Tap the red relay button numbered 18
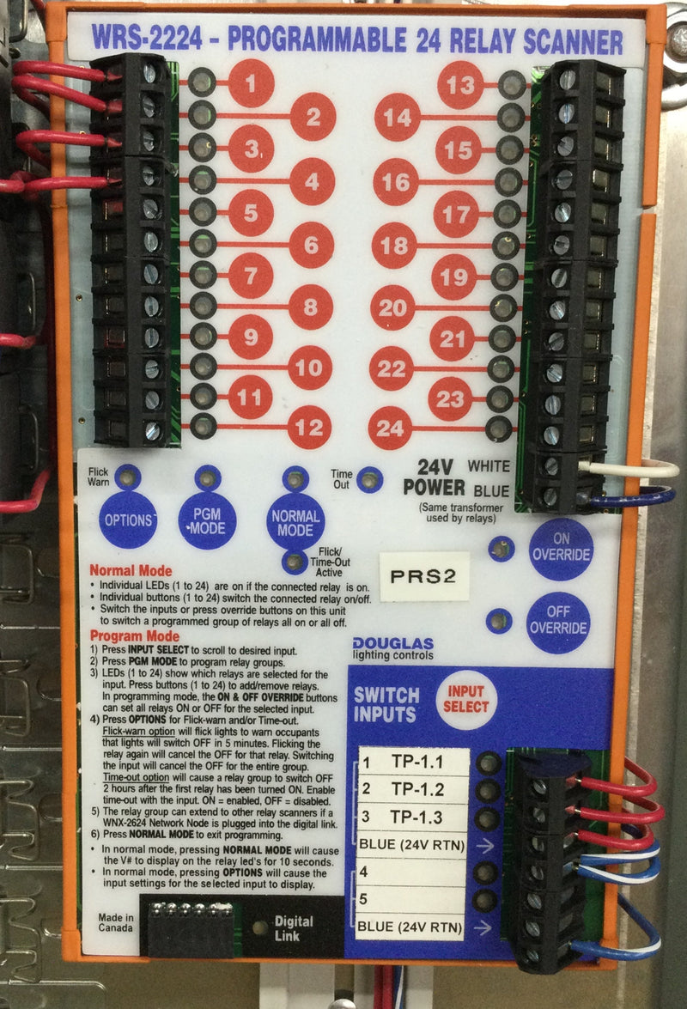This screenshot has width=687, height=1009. [394, 246]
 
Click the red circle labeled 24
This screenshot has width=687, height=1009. [390, 428]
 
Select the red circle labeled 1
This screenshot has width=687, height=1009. [251, 83]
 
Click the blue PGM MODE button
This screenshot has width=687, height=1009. [207, 521]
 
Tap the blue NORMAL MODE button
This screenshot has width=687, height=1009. [295, 523]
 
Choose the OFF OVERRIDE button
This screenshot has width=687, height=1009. [558, 620]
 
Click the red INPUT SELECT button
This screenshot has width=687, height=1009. [466, 700]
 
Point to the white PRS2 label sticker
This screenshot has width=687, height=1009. [424, 576]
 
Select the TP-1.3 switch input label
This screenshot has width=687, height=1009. [416, 818]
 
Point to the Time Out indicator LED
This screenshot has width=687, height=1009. [369, 479]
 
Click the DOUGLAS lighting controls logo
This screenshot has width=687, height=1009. [393, 648]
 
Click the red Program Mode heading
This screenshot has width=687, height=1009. [135, 636]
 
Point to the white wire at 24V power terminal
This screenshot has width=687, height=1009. [627, 469]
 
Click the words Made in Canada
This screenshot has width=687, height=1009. [116, 923]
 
